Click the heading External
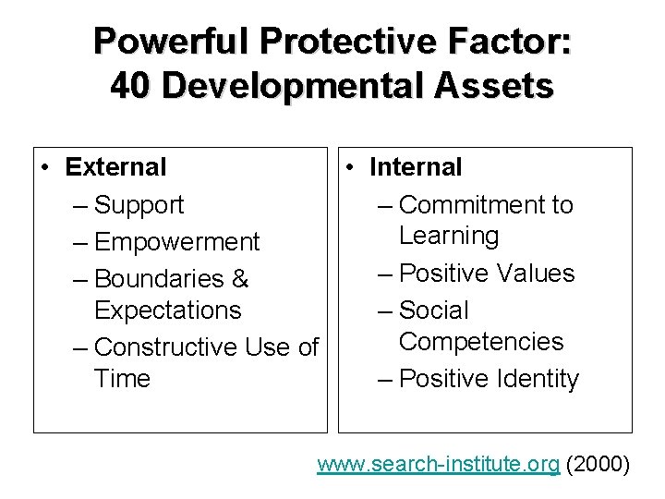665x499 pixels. tap(116, 167)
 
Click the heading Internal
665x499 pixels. tap(416, 167)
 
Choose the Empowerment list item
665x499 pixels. tap(176, 242)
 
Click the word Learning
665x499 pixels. tap(448, 236)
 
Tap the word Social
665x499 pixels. tap(435, 310)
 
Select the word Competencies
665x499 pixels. tap(480, 341)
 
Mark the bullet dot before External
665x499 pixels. tap(45, 168)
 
